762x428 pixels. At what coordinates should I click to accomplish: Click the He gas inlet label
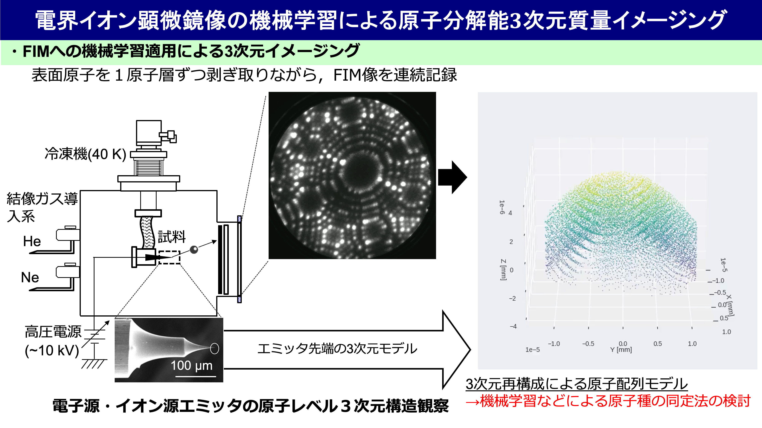pyautogui.click(x=32, y=241)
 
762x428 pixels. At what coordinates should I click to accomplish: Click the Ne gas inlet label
pyautogui.click(x=30, y=277)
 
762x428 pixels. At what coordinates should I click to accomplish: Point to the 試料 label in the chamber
pyautogui.click(x=172, y=237)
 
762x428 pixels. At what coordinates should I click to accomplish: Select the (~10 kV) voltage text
pyautogui.click(x=52, y=351)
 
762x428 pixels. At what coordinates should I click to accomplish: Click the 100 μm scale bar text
pyautogui.click(x=192, y=366)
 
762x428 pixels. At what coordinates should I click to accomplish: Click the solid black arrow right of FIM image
pyautogui.click(x=452, y=177)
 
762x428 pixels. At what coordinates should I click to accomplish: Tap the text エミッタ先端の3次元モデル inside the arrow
pyautogui.click(x=337, y=349)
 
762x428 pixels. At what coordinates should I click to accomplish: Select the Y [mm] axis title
pyautogui.click(x=621, y=350)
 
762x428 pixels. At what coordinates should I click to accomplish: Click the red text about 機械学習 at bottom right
pyautogui.click(x=608, y=401)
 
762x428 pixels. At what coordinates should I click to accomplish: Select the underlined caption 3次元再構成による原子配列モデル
pyautogui.click(x=576, y=384)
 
